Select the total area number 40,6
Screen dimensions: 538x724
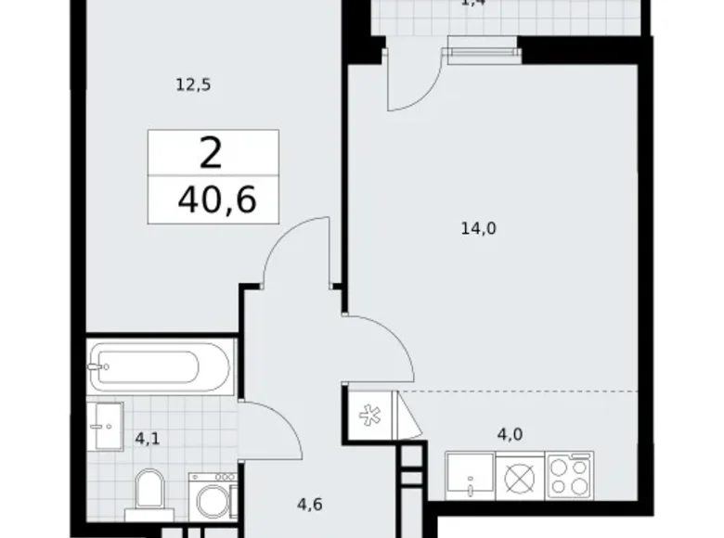coord(213,199)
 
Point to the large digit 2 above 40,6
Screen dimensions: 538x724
coord(212,152)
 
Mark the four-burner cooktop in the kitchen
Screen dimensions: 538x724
coord(568,476)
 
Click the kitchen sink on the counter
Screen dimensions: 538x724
coord(472,474)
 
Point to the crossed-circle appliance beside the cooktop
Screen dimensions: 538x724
coord(517,476)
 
